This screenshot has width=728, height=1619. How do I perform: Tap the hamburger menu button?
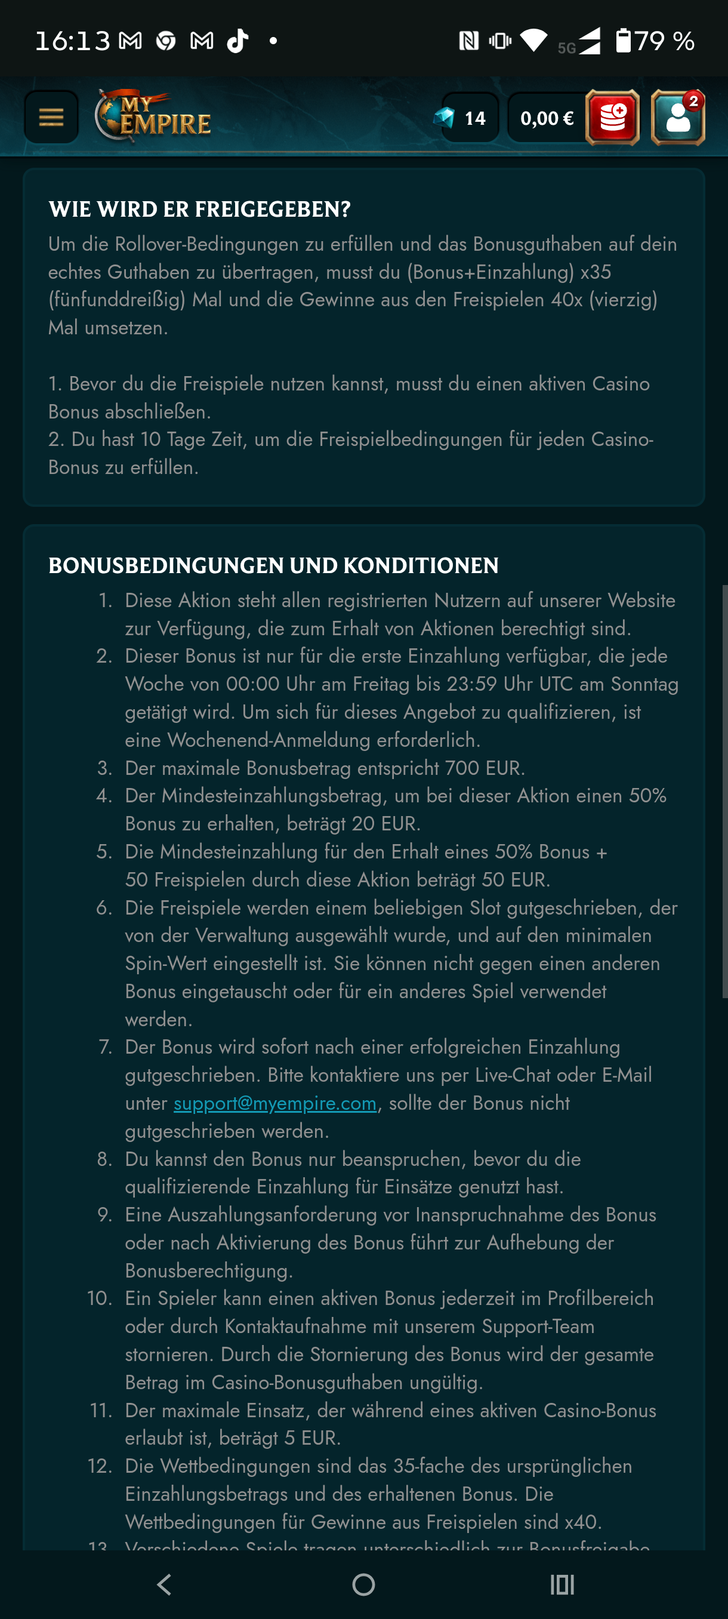51,117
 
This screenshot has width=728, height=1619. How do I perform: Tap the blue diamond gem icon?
444,118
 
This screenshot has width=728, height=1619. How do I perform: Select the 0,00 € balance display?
546,118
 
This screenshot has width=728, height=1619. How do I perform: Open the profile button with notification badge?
677,118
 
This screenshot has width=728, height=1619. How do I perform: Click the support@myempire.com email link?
275,1103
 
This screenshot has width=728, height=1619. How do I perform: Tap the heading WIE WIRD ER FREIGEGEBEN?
200,210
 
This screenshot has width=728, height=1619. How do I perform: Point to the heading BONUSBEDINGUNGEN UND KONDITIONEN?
273,566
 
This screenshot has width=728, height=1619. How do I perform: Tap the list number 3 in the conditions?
104,768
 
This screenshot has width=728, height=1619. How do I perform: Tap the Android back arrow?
165,1584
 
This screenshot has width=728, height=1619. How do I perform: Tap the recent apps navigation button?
562,1584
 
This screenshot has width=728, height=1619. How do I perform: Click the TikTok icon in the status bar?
237,41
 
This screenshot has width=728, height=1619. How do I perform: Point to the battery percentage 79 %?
665,41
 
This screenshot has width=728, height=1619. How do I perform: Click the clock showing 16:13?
72,41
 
